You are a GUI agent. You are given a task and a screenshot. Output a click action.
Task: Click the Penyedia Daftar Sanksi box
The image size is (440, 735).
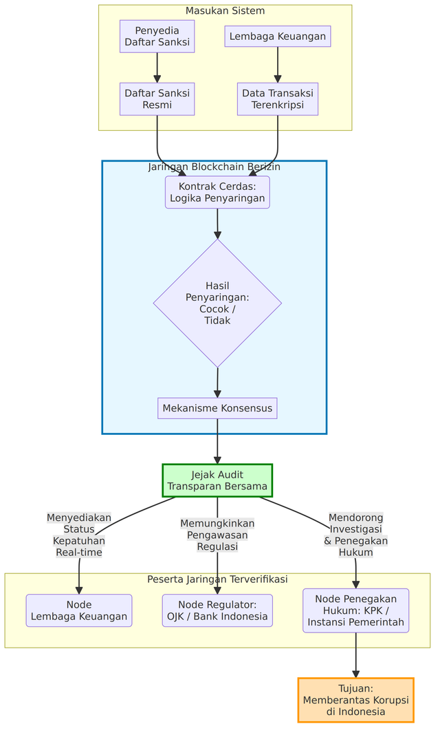click(157, 36)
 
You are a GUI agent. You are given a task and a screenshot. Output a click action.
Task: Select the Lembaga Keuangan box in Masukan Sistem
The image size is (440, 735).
click(277, 36)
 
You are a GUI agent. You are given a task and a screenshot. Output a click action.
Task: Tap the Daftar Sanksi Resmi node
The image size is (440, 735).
click(157, 99)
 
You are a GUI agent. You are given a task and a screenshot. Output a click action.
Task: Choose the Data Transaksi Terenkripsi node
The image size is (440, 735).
click(278, 99)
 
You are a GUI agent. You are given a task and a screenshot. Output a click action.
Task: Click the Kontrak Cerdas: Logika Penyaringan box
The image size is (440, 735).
click(217, 192)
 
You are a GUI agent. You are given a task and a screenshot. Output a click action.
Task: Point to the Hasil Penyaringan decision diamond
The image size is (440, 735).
click(217, 303)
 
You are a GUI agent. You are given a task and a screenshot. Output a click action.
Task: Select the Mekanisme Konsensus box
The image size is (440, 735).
click(217, 408)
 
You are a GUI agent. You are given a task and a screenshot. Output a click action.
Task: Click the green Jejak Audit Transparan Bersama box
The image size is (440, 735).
click(217, 480)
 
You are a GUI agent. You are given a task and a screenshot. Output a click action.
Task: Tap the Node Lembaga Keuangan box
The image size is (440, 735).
click(79, 610)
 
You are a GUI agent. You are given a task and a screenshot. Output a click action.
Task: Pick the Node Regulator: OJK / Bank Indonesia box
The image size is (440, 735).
click(217, 610)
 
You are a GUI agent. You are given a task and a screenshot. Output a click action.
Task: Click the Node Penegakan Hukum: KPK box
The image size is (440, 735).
click(355, 610)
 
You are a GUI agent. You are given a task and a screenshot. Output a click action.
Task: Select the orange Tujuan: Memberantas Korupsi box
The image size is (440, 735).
click(355, 700)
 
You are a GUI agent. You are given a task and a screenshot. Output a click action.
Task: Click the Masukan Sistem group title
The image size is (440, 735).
click(225, 11)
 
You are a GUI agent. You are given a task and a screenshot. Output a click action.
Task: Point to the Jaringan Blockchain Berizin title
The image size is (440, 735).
click(214, 167)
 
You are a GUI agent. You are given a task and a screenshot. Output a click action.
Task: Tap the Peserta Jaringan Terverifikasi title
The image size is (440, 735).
click(217, 579)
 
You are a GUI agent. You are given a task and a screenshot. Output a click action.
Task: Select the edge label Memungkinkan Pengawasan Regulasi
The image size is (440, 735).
click(217, 535)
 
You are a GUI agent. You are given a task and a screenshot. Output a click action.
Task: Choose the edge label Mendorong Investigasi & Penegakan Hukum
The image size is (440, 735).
click(355, 535)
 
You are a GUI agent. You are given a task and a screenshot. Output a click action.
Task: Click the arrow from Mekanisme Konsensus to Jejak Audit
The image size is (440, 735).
click(217, 441)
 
